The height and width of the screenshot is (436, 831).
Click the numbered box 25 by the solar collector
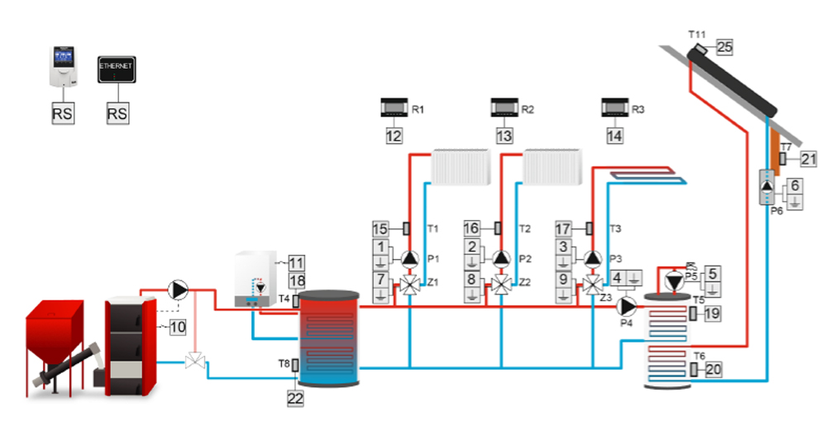coord(725,47)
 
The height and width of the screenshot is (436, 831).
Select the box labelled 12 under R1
coord(394,135)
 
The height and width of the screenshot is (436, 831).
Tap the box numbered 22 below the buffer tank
coord(296,398)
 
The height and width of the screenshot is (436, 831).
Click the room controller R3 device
coord(616,108)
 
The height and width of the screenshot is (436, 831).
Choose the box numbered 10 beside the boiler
coord(178,327)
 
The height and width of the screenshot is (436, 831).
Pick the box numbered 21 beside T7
coord(809,158)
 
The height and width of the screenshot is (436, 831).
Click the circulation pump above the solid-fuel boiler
coord(176,289)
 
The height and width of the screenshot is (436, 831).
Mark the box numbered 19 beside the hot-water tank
coord(713,314)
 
